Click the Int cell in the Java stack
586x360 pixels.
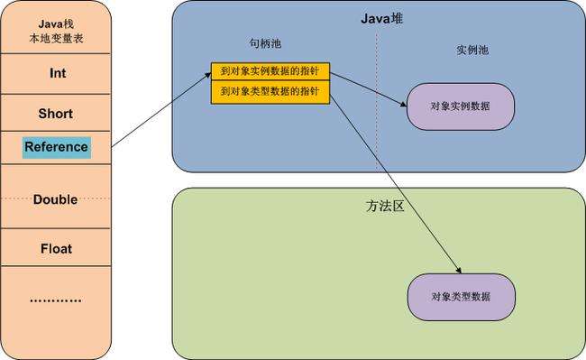click(x=57, y=74)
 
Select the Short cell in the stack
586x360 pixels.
click(x=57, y=115)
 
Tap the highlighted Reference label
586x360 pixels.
click(x=57, y=146)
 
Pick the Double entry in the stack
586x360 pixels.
click(x=57, y=199)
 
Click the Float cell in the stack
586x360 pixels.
click(x=57, y=248)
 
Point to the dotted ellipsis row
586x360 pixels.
click(x=57, y=299)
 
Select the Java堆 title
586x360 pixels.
click(x=378, y=17)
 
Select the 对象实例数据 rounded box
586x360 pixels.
click(x=461, y=106)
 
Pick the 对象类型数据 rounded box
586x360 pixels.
click(x=461, y=296)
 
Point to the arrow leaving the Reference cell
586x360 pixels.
click(x=158, y=113)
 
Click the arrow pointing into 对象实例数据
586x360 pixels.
click(x=370, y=88)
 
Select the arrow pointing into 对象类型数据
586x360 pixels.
click(x=397, y=181)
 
